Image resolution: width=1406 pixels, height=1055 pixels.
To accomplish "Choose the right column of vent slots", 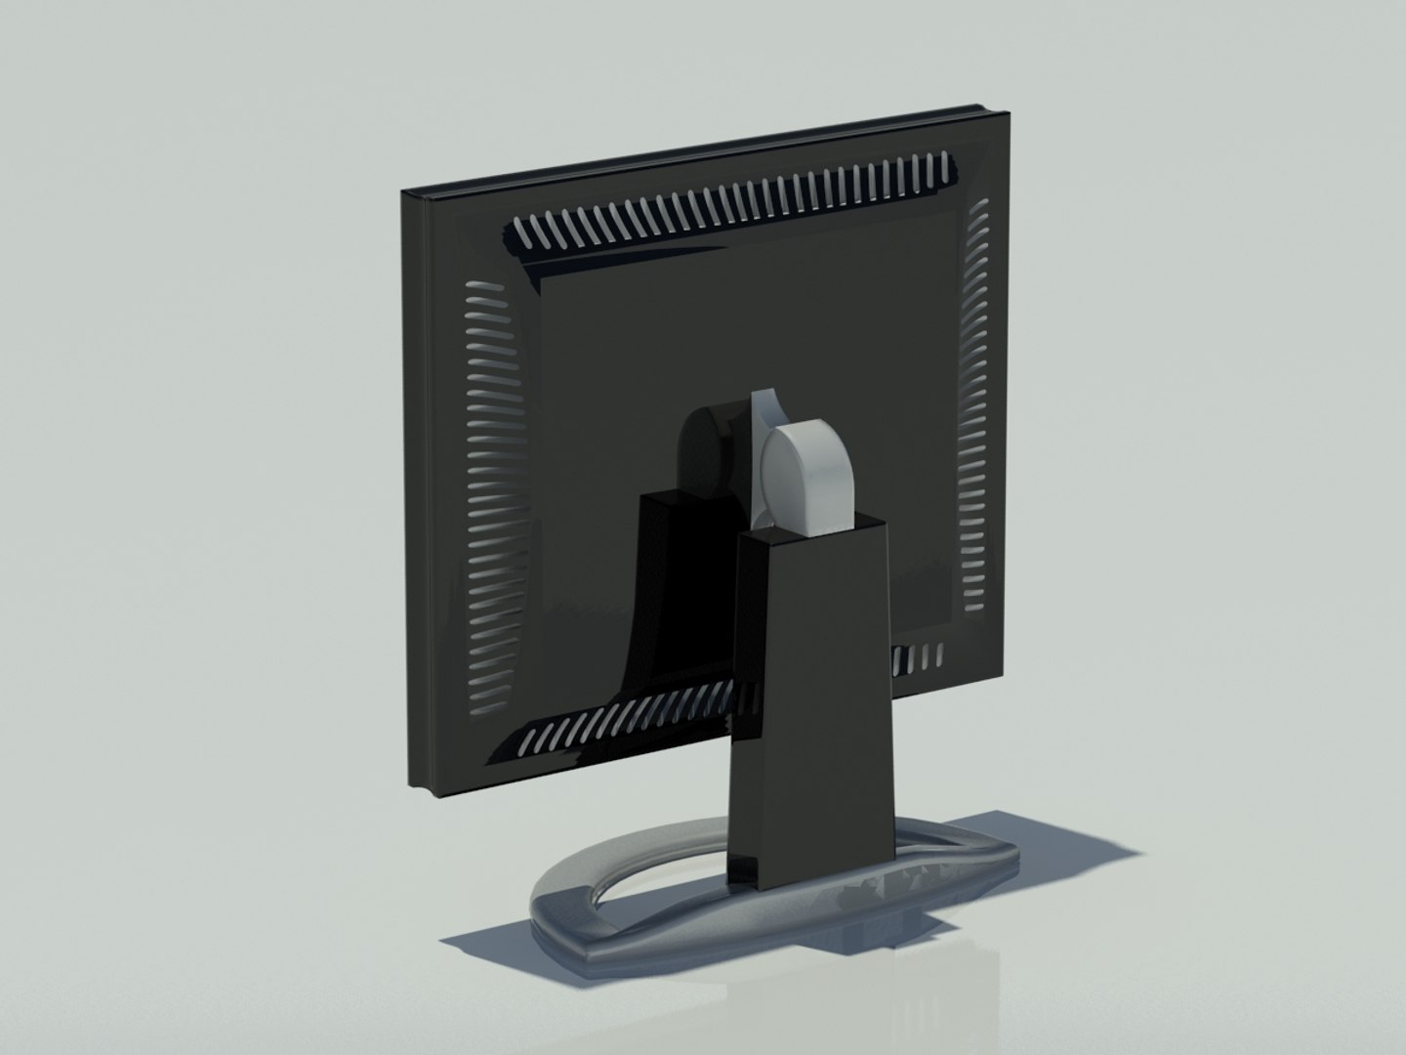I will (x=976, y=401).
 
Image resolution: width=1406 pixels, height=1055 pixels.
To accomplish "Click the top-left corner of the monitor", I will (x=404, y=192).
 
